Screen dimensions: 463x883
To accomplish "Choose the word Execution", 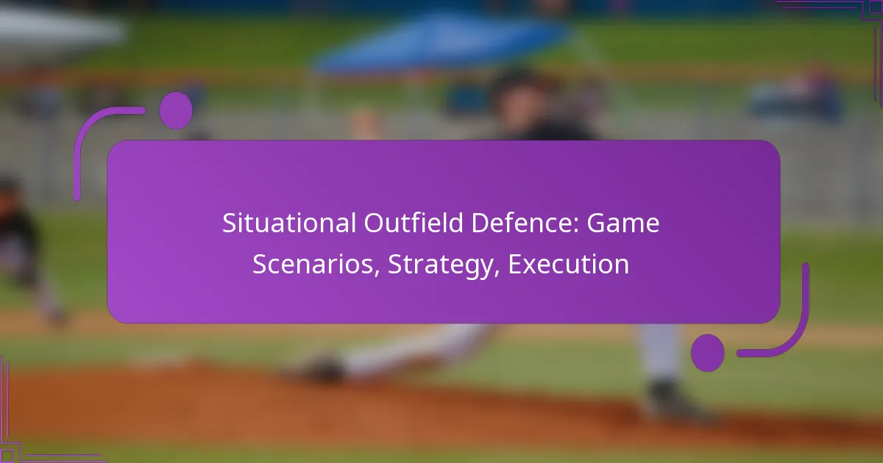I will point(568,265).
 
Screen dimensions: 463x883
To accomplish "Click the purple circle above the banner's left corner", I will point(175,110).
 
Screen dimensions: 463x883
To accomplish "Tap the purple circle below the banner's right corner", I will point(708,352).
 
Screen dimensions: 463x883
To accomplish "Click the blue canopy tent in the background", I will point(441,40).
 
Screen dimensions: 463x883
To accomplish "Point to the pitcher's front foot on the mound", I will point(324,367).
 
